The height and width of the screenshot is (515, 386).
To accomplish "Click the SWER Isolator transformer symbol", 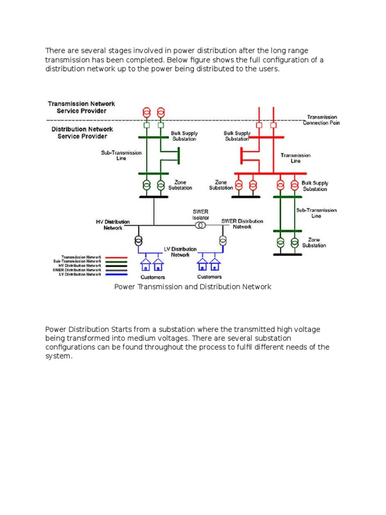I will point(201,226).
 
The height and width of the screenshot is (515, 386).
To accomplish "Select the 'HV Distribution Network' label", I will point(113,224).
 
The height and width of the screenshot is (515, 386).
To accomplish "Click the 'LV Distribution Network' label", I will point(180,251).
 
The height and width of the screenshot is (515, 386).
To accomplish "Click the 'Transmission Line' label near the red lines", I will point(296,158).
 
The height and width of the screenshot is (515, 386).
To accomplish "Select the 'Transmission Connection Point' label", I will point(322,120).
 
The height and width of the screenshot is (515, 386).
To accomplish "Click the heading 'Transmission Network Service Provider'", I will point(81,107).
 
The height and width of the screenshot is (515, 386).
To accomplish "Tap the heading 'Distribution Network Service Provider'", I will point(82,132).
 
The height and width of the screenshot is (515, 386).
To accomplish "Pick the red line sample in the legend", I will point(117,257).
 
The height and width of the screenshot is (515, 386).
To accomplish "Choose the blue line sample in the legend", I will point(117,274).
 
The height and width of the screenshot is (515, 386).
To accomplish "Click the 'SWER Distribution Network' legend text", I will point(77,270).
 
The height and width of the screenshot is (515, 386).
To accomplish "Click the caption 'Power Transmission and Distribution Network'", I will point(193,287).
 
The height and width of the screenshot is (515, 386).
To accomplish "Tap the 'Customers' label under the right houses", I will point(210,277).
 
